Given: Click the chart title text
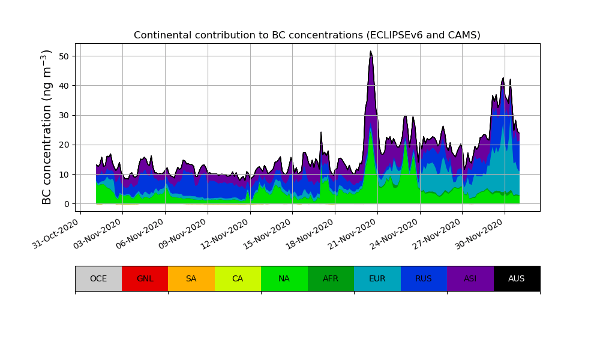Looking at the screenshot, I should tap(307, 35).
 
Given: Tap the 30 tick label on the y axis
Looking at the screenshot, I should tap(64, 115).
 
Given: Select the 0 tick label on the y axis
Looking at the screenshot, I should tap(67, 204).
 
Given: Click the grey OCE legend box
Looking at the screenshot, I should tap(98, 278).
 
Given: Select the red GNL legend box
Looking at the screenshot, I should tap(145, 278).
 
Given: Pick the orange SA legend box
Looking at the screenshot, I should tap(191, 278).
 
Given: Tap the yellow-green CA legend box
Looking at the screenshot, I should tap(238, 278).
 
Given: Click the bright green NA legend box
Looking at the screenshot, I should tap(284, 278).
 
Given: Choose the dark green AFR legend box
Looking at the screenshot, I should tap(331, 278).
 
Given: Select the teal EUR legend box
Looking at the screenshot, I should tap(377, 278).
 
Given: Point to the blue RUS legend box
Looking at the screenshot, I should tap(424, 278).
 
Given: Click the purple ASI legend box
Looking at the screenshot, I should tap(470, 278).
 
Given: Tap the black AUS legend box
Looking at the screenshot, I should tap(517, 278).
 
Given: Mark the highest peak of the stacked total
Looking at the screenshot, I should tap(371, 52).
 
